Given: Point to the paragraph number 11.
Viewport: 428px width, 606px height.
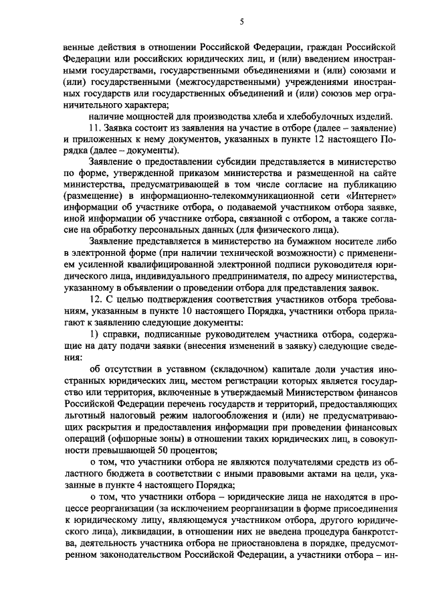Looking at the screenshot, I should click(x=94, y=128).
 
